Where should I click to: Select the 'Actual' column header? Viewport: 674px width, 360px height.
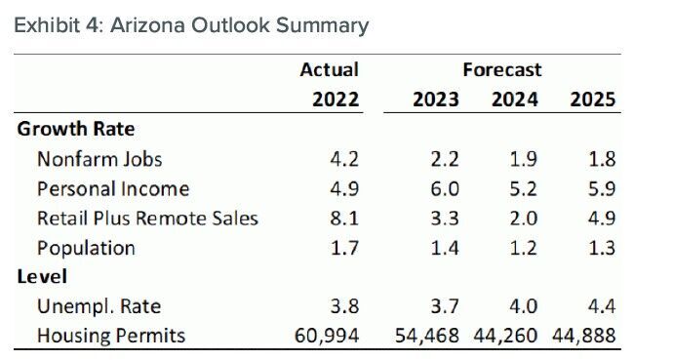(x=329, y=70)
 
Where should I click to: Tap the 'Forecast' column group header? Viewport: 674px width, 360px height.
(x=501, y=70)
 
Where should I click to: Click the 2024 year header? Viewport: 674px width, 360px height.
(x=515, y=100)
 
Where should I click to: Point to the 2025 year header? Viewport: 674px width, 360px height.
(x=592, y=100)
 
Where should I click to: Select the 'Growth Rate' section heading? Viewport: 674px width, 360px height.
(x=76, y=130)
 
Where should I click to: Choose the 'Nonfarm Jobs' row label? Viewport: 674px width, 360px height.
(x=99, y=159)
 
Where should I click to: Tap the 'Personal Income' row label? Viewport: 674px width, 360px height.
(x=113, y=188)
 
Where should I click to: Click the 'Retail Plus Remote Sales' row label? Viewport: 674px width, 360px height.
(x=147, y=218)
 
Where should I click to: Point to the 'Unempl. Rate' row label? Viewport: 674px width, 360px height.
(x=98, y=306)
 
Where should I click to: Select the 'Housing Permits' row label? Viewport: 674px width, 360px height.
(x=110, y=337)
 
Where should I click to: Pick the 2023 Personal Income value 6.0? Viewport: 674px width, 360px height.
(x=446, y=188)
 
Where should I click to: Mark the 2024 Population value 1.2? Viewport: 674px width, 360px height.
(x=525, y=248)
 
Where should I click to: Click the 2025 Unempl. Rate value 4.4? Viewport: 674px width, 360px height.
(x=602, y=306)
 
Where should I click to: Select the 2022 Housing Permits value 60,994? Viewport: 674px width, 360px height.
(x=327, y=337)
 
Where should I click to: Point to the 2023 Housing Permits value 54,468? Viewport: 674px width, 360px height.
(x=428, y=337)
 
